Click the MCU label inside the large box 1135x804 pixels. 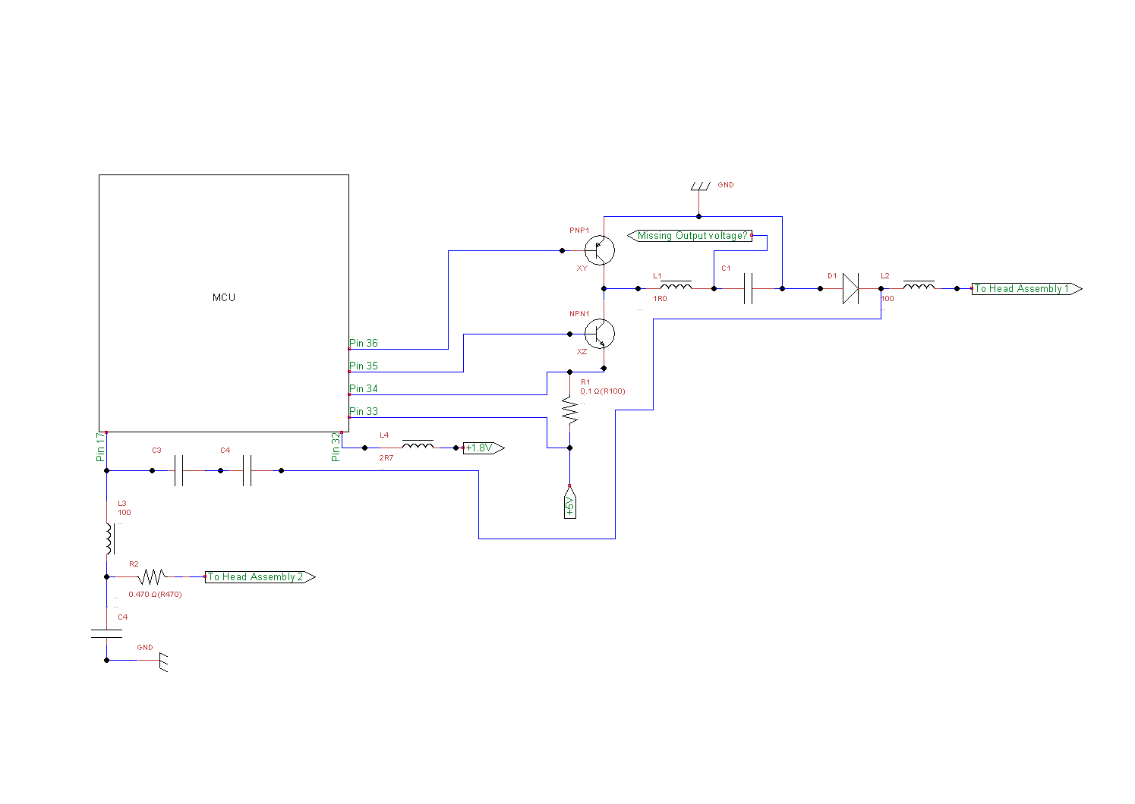click(x=223, y=297)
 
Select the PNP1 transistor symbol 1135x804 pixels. click(x=600, y=250)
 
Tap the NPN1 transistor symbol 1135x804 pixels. click(x=600, y=334)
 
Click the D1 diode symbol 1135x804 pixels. click(x=851, y=288)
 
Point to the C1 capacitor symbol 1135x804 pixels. click(x=748, y=288)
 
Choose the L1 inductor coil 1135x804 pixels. click(x=676, y=285)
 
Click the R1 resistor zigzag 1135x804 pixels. click(x=569, y=410)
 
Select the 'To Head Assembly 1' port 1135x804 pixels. click(x=1026, y=288)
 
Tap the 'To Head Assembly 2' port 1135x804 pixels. click(x=260, y=576)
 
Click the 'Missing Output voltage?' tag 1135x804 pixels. click(x=689, y=235)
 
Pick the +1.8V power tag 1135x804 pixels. click(x=484, y=448)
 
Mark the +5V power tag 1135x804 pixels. click(x=569, y=501)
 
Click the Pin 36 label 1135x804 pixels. click(x=364, y=343)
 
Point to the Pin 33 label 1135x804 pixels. click(x=364, y=411)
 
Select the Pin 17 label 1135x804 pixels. click(x=100, y=447)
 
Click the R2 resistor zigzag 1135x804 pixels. click(x=153, y=576)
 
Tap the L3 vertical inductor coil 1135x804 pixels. click(x=110, y=539)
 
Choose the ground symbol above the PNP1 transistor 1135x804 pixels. click(x=700, y=187)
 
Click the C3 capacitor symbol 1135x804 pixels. click(x=178, y=470)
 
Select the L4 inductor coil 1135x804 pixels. click(x=418, y=444)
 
